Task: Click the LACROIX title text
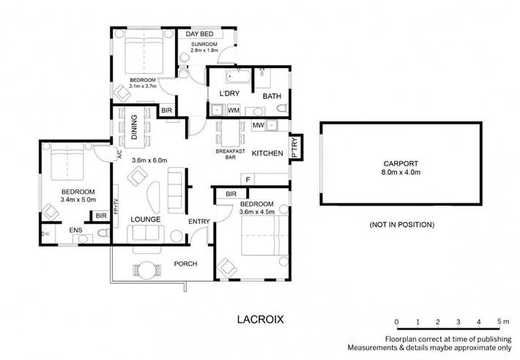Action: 259,319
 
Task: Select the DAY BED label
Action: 199,34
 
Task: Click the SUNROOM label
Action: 204,45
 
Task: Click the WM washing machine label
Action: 234,110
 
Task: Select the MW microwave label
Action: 258,126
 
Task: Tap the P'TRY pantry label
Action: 294,147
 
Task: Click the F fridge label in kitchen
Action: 249,179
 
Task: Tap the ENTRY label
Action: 198,221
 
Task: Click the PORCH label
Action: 185,263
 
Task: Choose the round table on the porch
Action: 148,270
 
